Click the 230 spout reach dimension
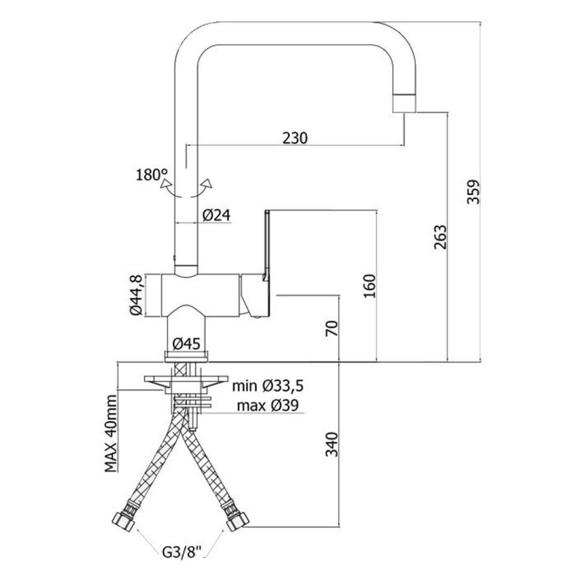pos(295,137)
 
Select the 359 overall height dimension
pos(474,191)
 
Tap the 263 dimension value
pos(440,237)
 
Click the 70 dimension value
pos(333,328)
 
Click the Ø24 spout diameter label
pos(216,214)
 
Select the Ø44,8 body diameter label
pos(136,295)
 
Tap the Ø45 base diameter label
pos(186,343)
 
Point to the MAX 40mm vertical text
pos(111,433)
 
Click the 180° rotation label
pos(152,174)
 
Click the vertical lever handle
pos(267,245)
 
